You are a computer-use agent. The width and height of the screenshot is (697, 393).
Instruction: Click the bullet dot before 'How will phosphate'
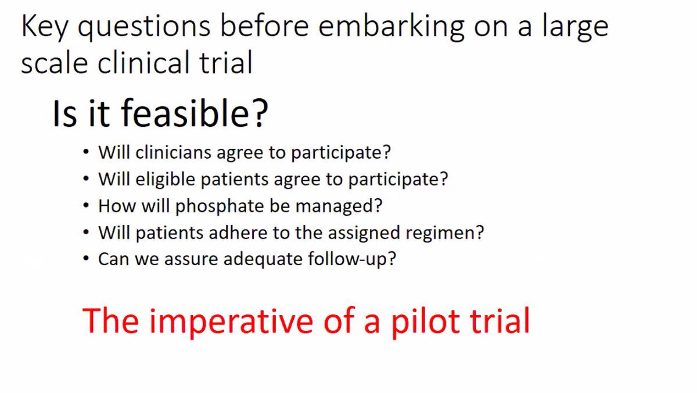pyautogui.click(x=87, y=206)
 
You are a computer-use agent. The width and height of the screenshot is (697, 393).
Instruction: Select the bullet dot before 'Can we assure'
pyautogui.click(x=87, y=259)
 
